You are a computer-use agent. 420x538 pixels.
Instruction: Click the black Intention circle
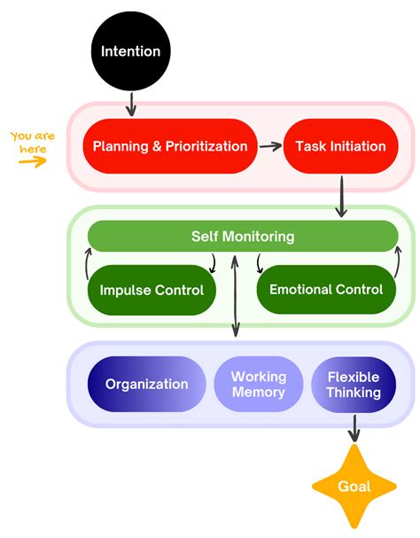coord(130,51)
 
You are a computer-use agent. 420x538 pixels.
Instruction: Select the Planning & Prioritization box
coord(170,145)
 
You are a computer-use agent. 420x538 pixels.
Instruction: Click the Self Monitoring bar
coord(242,237)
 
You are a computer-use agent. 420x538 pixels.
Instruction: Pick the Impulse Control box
coord(151,289)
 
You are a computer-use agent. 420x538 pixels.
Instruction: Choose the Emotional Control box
coord(325,289)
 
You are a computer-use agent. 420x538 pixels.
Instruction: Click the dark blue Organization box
coord(146,384)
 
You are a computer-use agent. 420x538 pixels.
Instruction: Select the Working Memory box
coord(258,384)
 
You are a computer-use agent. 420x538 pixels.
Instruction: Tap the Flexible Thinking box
coord(353,384)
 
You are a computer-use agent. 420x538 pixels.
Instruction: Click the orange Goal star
coord(354,486)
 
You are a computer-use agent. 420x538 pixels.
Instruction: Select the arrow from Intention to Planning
coord(131,104)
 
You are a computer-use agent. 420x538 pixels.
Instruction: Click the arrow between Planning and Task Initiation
coord(270,145)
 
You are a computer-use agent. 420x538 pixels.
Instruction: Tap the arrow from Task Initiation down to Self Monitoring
coord(341,195)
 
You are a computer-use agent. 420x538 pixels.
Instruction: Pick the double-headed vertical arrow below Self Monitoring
coord(235,296)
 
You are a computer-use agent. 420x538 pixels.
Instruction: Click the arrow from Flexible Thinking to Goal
coord(354,429)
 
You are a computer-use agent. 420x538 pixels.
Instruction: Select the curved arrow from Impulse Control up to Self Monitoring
coord(86,261)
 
